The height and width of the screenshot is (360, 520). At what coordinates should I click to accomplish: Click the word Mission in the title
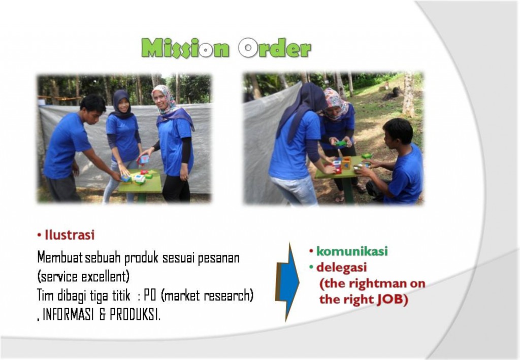tap(185, 48)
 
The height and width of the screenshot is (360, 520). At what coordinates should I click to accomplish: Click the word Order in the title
tap(275, 48)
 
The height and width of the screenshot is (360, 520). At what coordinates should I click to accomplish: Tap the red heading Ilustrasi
tap(70, 235)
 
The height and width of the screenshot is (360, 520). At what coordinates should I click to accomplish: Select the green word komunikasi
tap(352, 251)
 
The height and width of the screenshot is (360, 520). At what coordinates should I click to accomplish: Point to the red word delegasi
tap(342, 268)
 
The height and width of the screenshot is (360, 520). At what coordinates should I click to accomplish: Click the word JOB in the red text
tap(393, 300)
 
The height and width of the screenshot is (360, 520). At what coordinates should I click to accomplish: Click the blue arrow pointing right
tap(287, 282)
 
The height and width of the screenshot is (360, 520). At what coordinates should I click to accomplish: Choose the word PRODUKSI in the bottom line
tap(135, 315)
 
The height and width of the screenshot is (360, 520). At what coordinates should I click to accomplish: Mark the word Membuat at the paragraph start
tap(60, 257)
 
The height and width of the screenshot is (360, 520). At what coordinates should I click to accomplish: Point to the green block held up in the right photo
tap(341, 144)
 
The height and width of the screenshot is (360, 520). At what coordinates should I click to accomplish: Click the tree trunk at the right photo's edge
tap(409, 94)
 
